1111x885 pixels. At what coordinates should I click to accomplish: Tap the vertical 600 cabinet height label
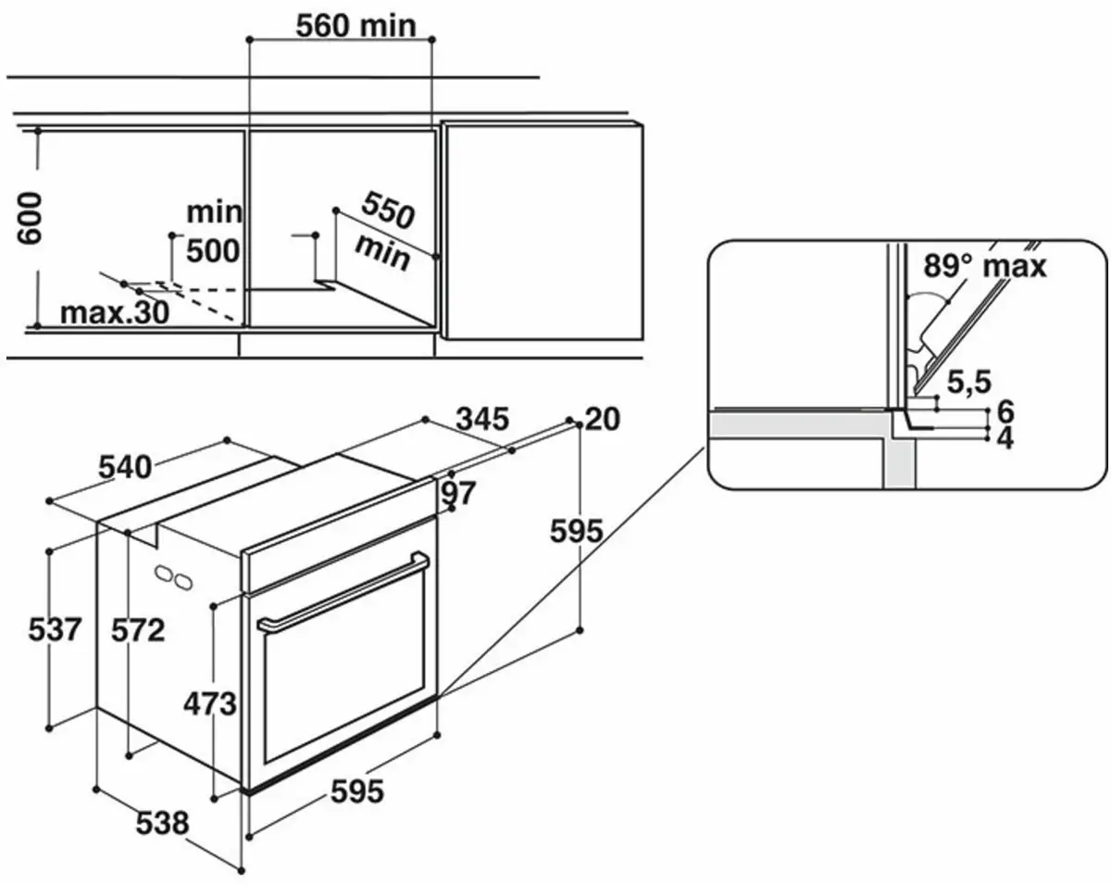coord(30,219)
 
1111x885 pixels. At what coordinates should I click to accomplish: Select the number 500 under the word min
coord(212,250)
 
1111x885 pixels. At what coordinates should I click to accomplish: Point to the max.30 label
coord(115,312)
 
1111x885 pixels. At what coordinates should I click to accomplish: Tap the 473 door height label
coord(209,704)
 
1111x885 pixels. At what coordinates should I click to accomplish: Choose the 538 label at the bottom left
coord(162,822)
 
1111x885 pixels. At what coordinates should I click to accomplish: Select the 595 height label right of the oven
coord(576,531)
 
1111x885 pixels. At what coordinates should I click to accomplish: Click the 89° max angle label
coord(984,267)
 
